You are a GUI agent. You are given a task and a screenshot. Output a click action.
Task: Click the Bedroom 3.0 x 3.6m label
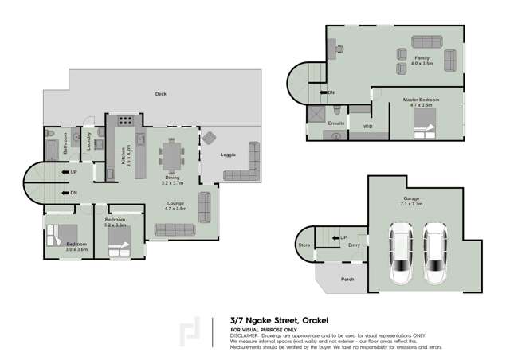click(76, 245)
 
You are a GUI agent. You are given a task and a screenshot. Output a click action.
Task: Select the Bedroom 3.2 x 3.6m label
click(116, 222)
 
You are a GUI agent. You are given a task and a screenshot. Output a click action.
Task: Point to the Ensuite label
click(336, 123)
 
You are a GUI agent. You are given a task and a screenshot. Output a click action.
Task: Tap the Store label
click(304, 245)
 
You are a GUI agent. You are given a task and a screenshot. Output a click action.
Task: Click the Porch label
click(347, 280)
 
